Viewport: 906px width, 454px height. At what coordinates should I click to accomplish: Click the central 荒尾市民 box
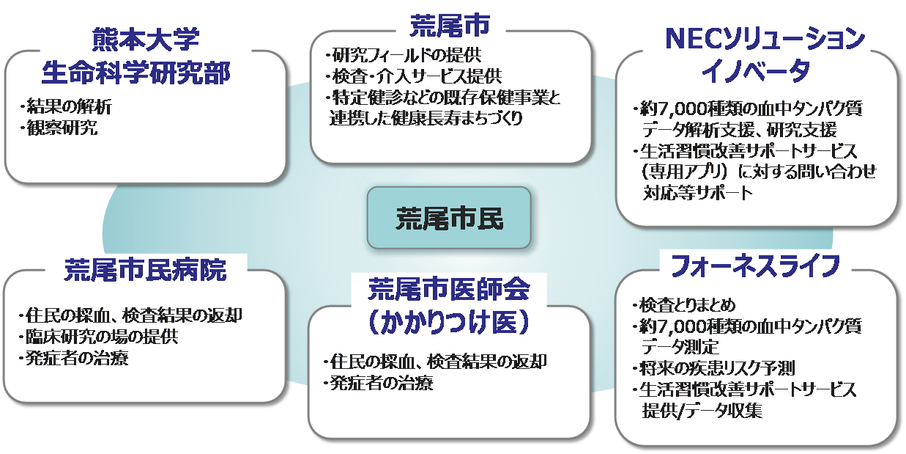(x=448, y=217)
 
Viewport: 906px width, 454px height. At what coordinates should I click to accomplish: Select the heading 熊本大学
(x=146, y=40)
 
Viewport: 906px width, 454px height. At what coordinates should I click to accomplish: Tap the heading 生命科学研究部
(x=146, y=73)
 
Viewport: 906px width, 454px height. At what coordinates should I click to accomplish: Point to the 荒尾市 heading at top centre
(x=449, y=24)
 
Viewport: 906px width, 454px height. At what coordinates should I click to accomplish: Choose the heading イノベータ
(x=755, y=70)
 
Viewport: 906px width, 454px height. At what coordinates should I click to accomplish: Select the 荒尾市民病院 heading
(x=145, y=269)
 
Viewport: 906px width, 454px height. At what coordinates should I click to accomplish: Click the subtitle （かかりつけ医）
(x=448, y=321)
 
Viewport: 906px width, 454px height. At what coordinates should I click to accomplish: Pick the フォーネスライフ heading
(x=755, y=266)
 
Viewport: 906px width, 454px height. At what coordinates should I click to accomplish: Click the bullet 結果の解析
(x=67, y=107)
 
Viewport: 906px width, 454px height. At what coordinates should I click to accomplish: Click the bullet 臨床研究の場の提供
(x=98, y=337)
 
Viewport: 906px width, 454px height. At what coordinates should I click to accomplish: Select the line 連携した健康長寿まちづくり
(x=426, y=118)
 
